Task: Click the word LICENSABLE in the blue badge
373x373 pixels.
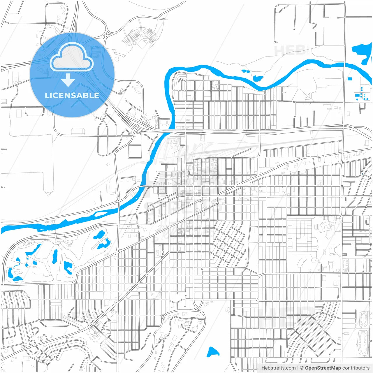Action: pyautogui.click(x=72, y=95)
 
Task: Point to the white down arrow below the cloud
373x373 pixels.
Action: pyautogui.click(x=68, y=80)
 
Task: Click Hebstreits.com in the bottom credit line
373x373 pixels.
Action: pyautogui.click(x=278, y=368)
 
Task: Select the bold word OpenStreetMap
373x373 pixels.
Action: pyautogui.click(x=323, y=368)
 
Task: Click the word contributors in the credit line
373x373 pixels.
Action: pyautogui.click(x=356, y=368)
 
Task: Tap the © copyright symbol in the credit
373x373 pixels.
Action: pyautogui.click(x=302, y=368)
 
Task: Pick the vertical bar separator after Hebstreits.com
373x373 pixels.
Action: pyautogui.click(x=298, y=368)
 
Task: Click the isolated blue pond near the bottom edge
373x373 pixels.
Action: pyautogui.click(x=213, y=352)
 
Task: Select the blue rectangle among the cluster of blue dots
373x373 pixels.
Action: pyautogui.click(x=357, y=95)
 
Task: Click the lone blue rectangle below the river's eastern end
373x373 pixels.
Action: pyautogui.click(x=350, y=79)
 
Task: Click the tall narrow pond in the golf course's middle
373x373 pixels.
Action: pyautogui.click(x=54, y=256)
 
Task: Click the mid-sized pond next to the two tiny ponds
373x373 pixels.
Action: pyautogui.click(x=257, y=78)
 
